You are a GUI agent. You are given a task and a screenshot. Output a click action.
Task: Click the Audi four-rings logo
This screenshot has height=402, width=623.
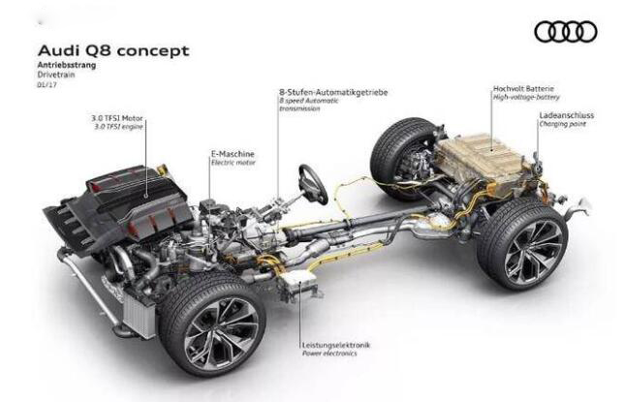coord(566,32)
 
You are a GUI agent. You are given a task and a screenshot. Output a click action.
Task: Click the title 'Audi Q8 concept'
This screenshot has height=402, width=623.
coord(113,51)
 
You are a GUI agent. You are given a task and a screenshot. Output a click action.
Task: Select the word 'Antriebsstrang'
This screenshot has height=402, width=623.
coord(67,65)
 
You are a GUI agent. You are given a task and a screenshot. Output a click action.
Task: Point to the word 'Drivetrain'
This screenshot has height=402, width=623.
coord(56,75)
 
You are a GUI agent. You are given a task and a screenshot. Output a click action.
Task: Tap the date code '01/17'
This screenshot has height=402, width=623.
coord(47,84)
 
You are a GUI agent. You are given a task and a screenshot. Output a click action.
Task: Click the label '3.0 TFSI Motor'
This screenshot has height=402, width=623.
coord(117,118)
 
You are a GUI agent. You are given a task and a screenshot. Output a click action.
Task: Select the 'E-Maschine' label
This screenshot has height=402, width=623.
coord(233,154)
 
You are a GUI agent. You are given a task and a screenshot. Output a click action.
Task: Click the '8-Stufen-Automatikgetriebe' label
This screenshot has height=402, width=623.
coord(333,93)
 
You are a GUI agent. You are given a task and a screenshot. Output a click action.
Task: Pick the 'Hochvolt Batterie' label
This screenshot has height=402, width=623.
coord(523,88)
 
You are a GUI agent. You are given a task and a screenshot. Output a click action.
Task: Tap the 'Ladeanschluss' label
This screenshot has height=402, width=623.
coord(566,115)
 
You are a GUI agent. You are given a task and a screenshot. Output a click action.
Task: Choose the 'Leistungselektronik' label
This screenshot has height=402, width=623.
coord(336,345)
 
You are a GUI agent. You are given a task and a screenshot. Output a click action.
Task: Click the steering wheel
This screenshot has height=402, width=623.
coord(313,184)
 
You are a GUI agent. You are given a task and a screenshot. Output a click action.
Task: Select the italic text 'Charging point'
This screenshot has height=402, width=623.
coord(562,124)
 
